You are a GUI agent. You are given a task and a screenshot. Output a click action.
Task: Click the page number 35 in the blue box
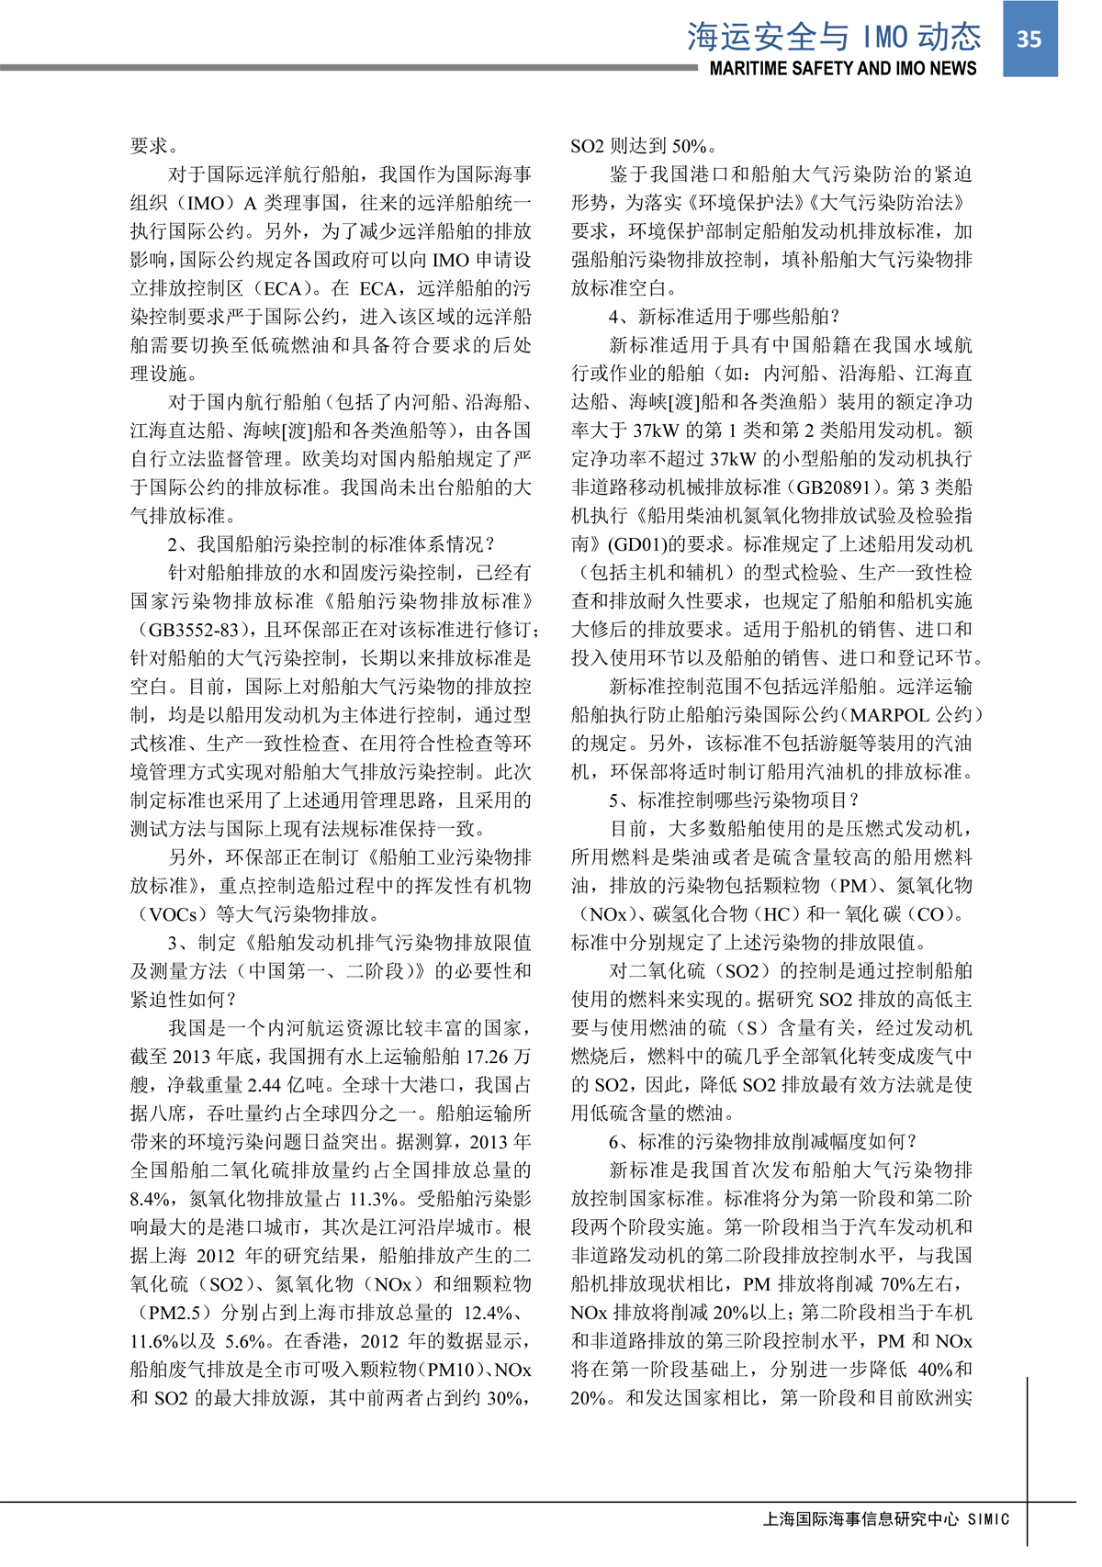pyautogui.click(x=1029, y=39)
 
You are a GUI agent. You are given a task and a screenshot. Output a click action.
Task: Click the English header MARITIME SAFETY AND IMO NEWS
pyautogui.click(x=843, y=69)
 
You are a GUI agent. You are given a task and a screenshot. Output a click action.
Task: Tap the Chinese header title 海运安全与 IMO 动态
pyautogui.click(x=834, y=36)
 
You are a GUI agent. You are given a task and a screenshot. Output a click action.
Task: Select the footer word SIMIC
pyautogui.click(x=988, y=1519)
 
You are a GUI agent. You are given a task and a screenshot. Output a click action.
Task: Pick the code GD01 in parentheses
pyautogui.click(x=635, y=544)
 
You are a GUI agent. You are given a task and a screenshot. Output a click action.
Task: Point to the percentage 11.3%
pyautogui.click(x=377, y=1199)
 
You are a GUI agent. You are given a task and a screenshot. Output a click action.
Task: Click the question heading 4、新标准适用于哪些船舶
pyautogui.click(x=725, y=317)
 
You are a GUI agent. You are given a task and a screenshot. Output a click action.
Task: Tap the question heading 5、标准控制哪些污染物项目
pyautogui.click(x=734, y=800)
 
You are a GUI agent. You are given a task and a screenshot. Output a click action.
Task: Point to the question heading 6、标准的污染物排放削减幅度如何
pyautogui.click(x=763, y=1142)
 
